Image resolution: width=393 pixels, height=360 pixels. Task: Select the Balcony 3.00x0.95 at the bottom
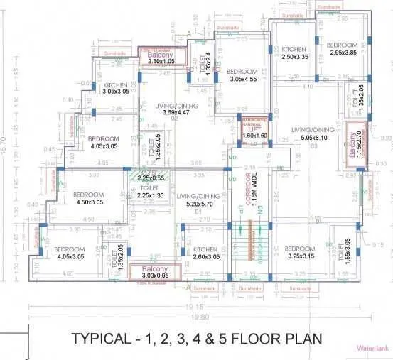[154, 273]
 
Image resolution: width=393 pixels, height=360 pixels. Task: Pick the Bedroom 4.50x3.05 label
[90, 198]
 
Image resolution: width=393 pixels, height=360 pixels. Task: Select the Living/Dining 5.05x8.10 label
[313, 133]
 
